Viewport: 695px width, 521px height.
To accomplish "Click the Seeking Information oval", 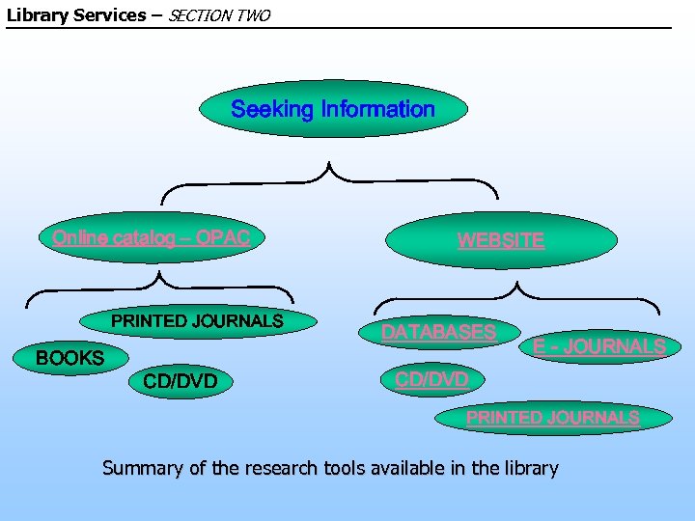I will coord(333,109).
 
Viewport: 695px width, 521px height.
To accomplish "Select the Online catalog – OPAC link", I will coord(151,237).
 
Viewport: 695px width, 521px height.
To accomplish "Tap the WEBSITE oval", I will coord(500,240).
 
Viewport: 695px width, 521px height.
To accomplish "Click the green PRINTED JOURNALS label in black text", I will coord(198,321).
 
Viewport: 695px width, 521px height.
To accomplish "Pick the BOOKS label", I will coord(69,358).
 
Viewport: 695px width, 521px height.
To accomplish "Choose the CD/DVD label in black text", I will coord(180,382).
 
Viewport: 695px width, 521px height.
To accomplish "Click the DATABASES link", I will coord(438,332).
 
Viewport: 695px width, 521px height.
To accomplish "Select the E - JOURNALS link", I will coord(599,346).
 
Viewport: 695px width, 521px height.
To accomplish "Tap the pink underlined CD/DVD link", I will coord(431,379).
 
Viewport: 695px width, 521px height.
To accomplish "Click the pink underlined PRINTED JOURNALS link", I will coord(552,418).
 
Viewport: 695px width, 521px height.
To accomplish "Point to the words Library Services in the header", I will coord(76,14).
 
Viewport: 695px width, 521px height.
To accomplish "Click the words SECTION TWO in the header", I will coord(219,14).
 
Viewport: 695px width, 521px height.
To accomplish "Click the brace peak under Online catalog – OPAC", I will coord(158,276).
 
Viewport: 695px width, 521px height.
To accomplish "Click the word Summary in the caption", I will coord(142,469).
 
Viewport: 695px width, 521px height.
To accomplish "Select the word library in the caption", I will coord(529,469).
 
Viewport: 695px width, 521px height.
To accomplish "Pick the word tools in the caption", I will coord(335,469).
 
